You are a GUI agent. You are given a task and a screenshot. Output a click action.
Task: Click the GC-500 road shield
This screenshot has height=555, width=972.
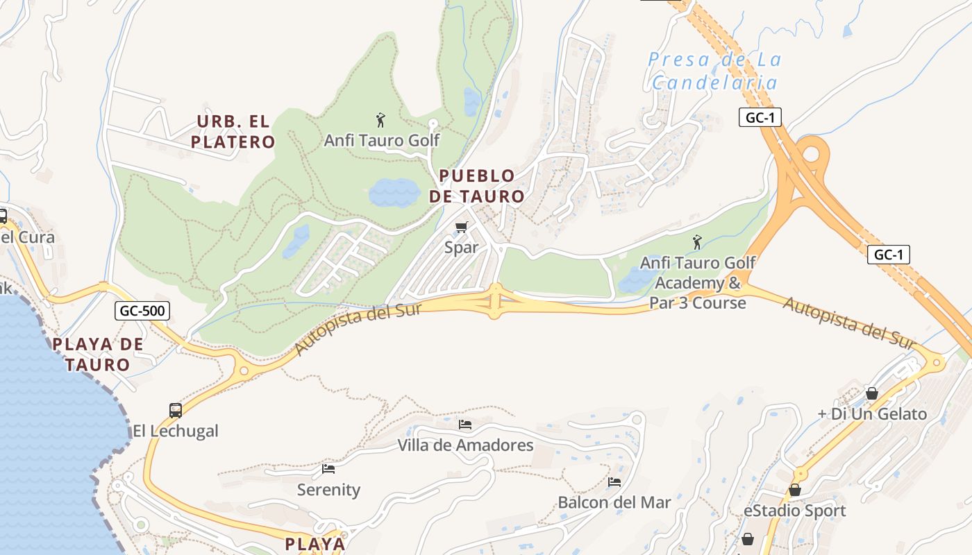click(x=142, y=311)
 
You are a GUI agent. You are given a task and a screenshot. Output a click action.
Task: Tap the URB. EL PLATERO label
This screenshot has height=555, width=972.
click(x=233, y=132)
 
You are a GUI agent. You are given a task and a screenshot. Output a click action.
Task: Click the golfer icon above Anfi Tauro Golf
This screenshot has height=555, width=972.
click(x=380, y=120)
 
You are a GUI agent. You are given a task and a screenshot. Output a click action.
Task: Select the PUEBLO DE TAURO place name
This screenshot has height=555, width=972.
click(x=476, y=186)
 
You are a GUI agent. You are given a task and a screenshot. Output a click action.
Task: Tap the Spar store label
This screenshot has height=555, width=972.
click(x=462, y=247)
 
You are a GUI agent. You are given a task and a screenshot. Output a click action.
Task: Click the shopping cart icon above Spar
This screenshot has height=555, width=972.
click(x=462, y=227)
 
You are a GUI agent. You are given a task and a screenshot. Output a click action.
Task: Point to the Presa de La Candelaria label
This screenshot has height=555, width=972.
click(x=715, y=71)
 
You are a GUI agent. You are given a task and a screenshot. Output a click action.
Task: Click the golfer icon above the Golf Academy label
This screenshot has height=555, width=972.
click(x=697, y=242)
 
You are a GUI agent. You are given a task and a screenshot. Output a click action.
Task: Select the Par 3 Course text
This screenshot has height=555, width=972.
click(x=697, y=303)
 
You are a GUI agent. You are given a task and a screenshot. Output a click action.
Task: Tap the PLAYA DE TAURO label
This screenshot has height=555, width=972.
click(x=98, y=354)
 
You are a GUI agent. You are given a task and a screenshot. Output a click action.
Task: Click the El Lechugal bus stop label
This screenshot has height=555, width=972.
click(x=176, y=431)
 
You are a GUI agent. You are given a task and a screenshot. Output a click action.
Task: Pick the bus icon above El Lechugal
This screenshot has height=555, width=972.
click(x=176, y=410)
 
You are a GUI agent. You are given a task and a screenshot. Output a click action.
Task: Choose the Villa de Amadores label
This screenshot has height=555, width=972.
click(x=465, y=445)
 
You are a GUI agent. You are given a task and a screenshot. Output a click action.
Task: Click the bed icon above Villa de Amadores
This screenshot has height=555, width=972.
click(x=465, y=424)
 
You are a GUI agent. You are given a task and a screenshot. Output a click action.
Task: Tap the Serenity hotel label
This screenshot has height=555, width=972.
click(x=328, y=490)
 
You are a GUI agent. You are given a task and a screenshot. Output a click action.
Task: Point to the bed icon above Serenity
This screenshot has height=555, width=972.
click(x=328, y=469)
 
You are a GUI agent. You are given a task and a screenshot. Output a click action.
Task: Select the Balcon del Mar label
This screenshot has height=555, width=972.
click(x=614, y=502)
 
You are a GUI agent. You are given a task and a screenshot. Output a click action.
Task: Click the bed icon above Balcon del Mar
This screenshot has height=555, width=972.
click(x=614, y=481)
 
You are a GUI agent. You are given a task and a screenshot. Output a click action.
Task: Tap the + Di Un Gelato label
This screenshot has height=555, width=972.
click(x=872, y=414)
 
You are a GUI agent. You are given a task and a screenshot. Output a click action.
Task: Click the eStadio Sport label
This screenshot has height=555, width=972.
click(x=794, y=511)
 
